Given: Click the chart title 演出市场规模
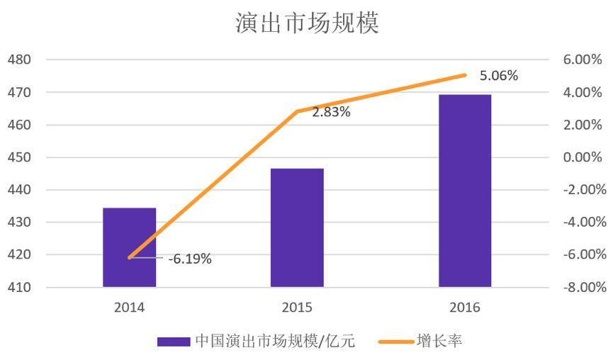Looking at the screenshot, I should click(x=307, y=23).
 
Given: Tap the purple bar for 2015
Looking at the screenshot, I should click(x=297, y=227).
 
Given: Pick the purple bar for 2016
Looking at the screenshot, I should click(x=465, y=191).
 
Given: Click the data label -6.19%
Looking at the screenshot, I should click(x=190, y=259).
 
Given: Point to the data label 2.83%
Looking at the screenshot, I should click(x=331, y=112).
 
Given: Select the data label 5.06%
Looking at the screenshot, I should click(x=499, y=76).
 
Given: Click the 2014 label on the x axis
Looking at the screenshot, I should click(x=129, y=308).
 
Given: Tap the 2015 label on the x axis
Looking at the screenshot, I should click(x=297, y=308).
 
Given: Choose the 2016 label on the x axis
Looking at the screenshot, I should click(x=465, y=308).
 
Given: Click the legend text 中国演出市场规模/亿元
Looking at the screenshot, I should click(x=275, y=342).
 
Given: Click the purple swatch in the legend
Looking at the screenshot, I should click(x=174, y=342).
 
